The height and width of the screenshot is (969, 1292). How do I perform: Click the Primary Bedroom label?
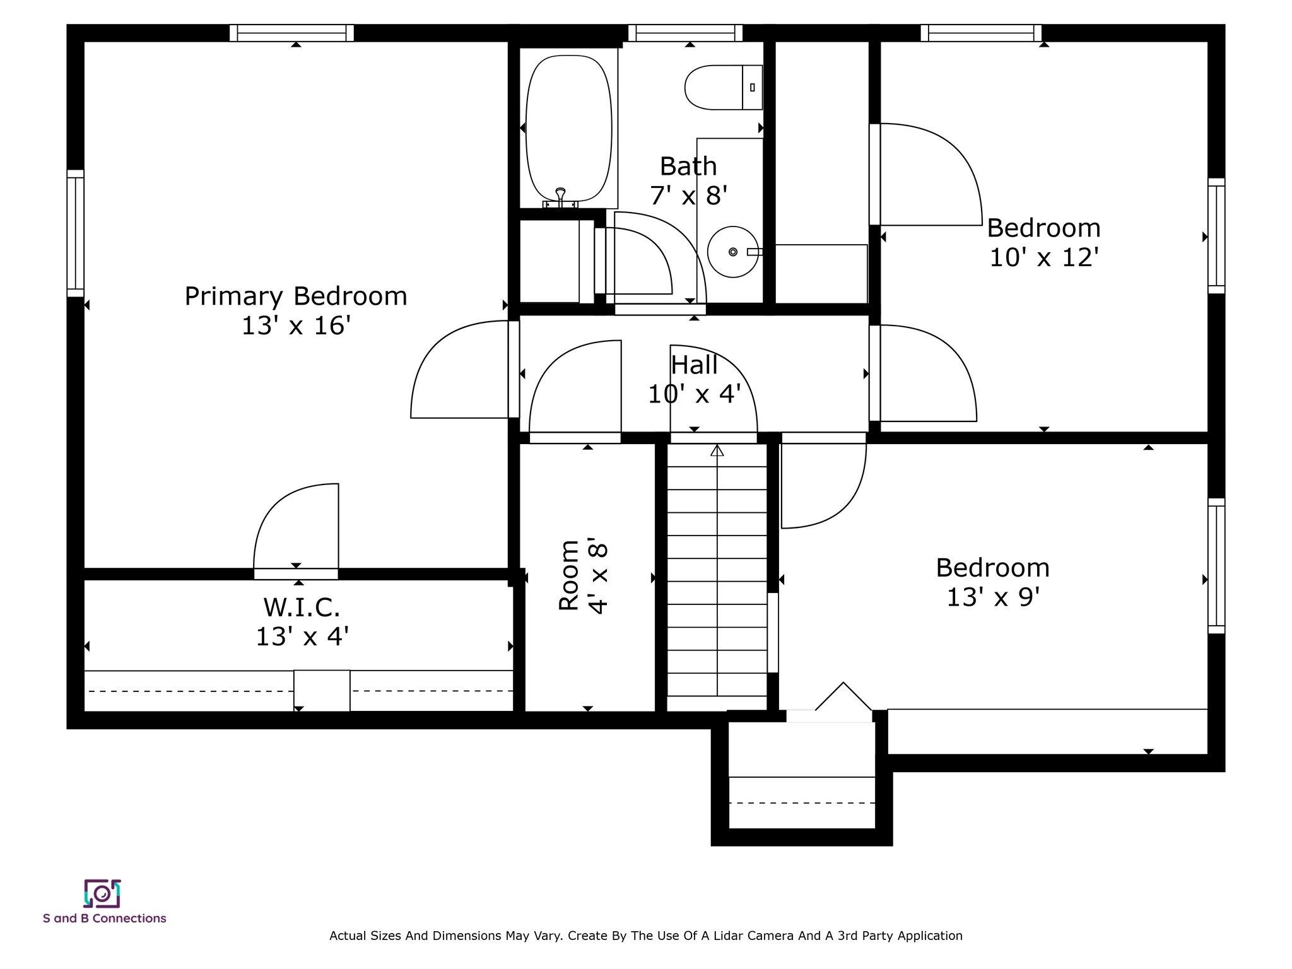click(296, 296)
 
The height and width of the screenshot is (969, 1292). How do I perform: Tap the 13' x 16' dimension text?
click(296, 326)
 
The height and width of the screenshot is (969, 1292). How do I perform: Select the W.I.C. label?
click(302, 607)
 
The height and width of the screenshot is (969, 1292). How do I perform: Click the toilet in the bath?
click(724, 87)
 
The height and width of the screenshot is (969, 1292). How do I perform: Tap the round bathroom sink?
click(733, 252)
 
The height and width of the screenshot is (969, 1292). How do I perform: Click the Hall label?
click(694, 365)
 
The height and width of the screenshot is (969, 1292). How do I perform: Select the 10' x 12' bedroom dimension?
click(1044, 257)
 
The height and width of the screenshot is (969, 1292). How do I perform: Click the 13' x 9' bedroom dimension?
click(993, 597)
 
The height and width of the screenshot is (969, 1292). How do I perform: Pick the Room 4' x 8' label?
click(583, 575)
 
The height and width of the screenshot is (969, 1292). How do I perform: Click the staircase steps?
click(717, 577)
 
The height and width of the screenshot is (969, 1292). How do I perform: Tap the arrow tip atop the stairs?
click(717, 446)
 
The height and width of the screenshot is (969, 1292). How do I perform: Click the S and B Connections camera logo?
click(102, 893)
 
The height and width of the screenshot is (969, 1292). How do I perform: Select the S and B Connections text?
click(105, 918)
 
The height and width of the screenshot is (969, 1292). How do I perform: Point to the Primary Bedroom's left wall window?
click(76, 233)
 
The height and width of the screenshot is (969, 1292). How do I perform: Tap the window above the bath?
click(685, 33)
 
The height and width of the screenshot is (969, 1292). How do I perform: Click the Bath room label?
click(688, 167)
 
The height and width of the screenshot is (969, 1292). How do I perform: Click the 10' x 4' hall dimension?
click(694, 394)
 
